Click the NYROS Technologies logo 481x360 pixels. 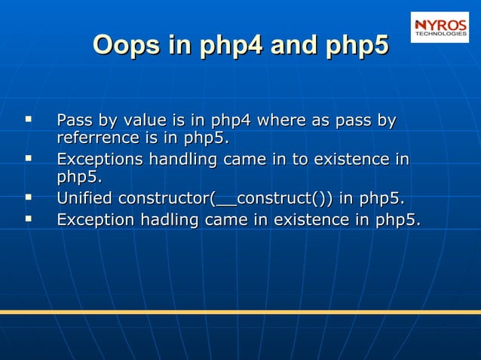click(x=440, y=26)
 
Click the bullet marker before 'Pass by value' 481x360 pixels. click(x=29, y=119)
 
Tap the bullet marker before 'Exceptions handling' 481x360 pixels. click(x=29, y=159)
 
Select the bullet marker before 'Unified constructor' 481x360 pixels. click(x=29, y=199)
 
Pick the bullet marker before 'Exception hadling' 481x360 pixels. click(x=29, y=219)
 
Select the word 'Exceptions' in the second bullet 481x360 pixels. click(x=100, y=160)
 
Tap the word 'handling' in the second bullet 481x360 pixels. click(x=180, y=160)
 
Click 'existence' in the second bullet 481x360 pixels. click(x=348, y=160)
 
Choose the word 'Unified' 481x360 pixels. click(x=84, y=200)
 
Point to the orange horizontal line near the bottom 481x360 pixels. click(x=240, y=311)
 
